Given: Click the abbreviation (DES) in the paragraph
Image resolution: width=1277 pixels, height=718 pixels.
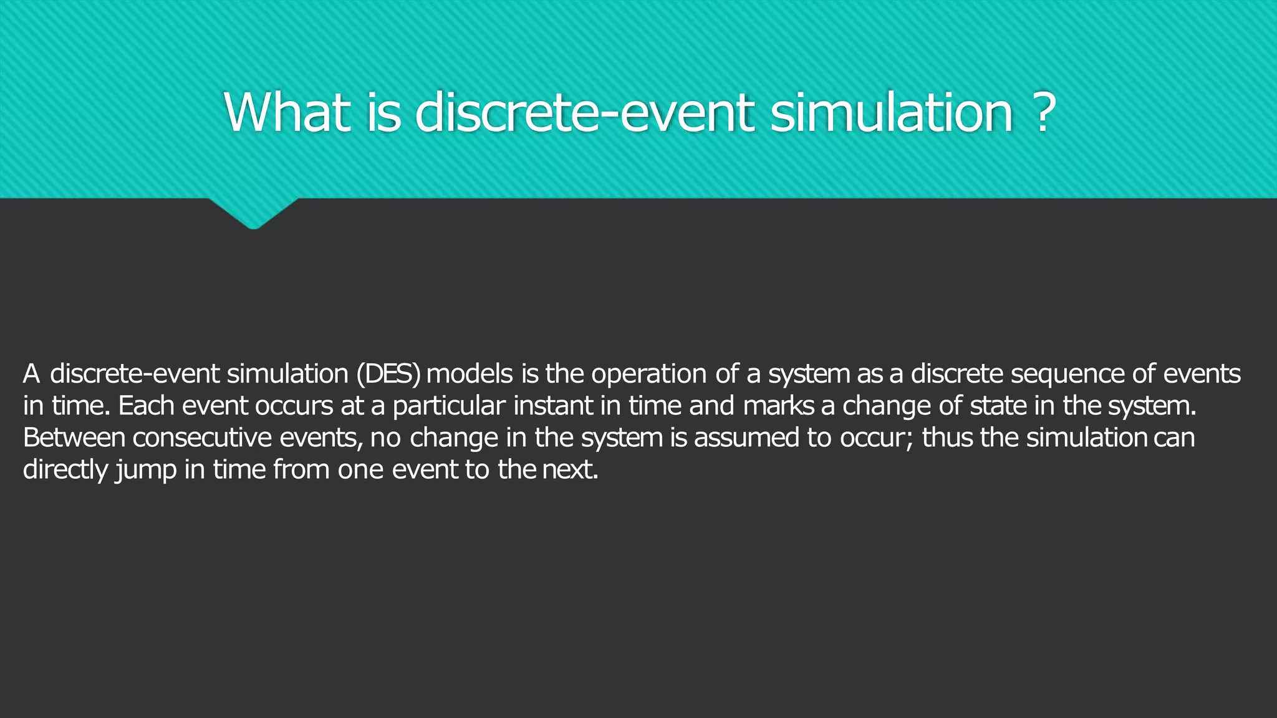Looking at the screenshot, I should pos(388,374).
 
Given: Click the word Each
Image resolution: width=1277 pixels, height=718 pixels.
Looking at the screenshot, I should pos(146,406).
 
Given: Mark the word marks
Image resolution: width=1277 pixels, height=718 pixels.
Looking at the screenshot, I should pos(778,406).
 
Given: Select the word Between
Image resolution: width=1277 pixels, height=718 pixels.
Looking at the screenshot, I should pos(74,438).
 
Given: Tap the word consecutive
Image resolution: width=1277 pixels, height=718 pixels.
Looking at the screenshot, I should pos(202,438).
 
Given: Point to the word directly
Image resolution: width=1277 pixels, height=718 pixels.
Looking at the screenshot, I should pos(65,470).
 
